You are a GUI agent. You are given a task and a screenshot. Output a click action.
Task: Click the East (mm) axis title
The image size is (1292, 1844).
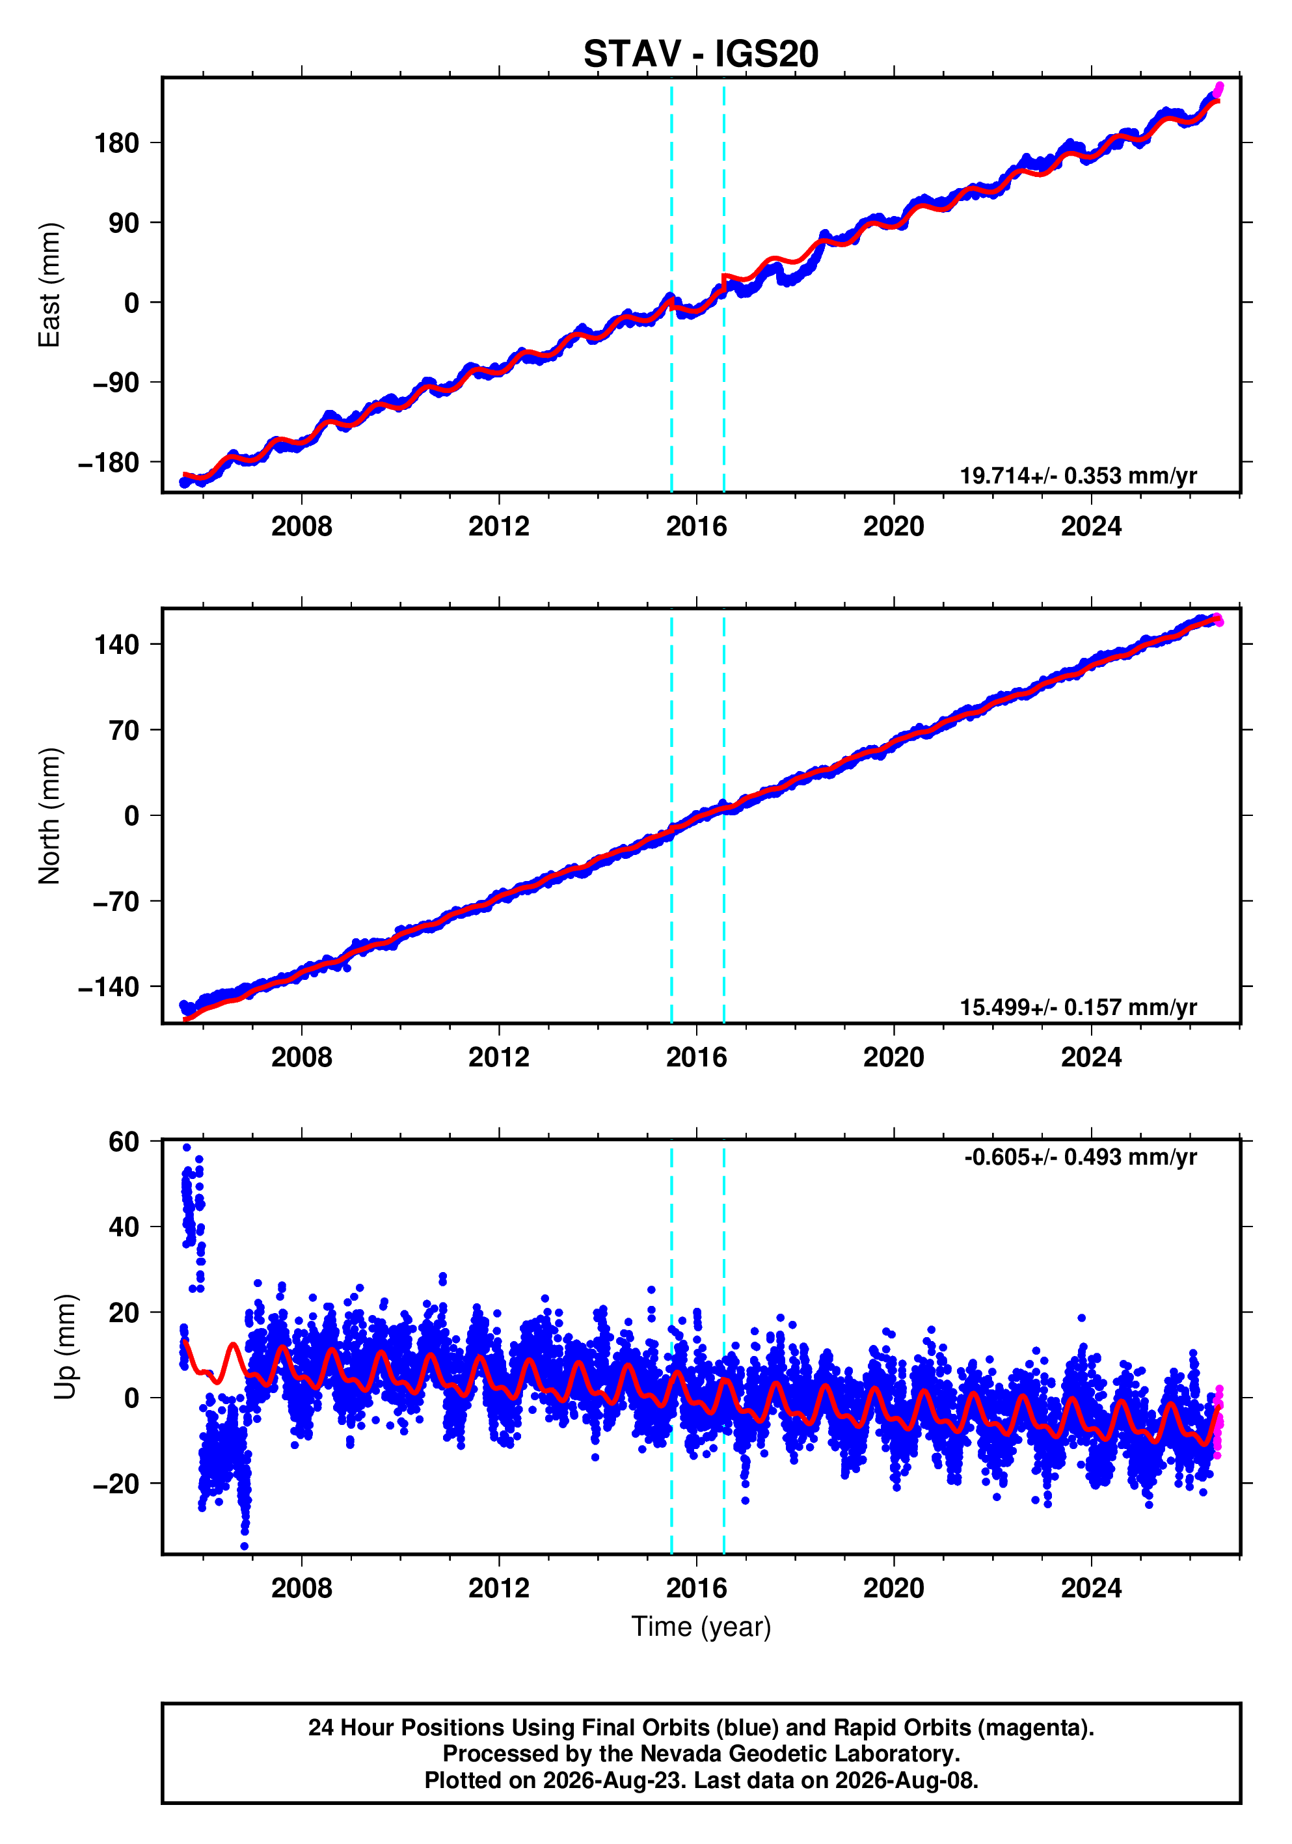point(49,285)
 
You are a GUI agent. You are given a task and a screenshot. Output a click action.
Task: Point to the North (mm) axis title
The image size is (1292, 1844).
point(49,816)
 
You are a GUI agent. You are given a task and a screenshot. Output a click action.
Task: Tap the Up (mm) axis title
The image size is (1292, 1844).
point(66,1347)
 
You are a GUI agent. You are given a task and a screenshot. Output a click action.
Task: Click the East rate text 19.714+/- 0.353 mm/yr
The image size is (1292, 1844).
point(1079,476)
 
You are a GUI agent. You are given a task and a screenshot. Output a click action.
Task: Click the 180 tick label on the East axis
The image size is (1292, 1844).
point(116,143)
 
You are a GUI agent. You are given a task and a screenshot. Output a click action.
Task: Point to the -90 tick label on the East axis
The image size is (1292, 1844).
point(116,383)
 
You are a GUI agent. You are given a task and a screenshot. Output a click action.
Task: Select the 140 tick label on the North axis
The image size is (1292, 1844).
point(116,644)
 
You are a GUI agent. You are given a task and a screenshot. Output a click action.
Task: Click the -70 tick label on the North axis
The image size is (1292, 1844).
point(116,902)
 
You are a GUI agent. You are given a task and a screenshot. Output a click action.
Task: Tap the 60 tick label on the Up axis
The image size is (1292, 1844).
point(124,1141)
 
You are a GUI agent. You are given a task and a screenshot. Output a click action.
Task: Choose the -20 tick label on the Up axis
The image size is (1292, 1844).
point(116,1484)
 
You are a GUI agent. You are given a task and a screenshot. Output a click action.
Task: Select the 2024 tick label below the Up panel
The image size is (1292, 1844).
point(1091,1588)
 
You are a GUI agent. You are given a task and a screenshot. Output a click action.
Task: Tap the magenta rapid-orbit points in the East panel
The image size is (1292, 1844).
point(1219,88)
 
